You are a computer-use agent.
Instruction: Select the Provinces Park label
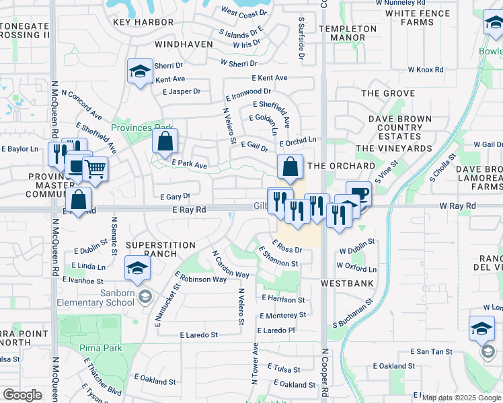[x=142, y=128]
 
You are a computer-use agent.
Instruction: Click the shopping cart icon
[x=95, y=169]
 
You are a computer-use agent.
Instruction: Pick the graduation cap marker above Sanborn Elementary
[x=138, y=268]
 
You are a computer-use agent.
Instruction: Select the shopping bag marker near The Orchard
[x=289, y=168]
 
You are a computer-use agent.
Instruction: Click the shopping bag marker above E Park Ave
[x=165, y=142]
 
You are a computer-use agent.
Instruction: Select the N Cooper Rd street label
[x=324, y=376]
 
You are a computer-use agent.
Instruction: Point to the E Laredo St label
[x=199, y=334]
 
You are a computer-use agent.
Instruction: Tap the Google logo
[x=22, y=395]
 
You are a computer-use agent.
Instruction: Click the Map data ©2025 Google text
[x=461, y=398]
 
